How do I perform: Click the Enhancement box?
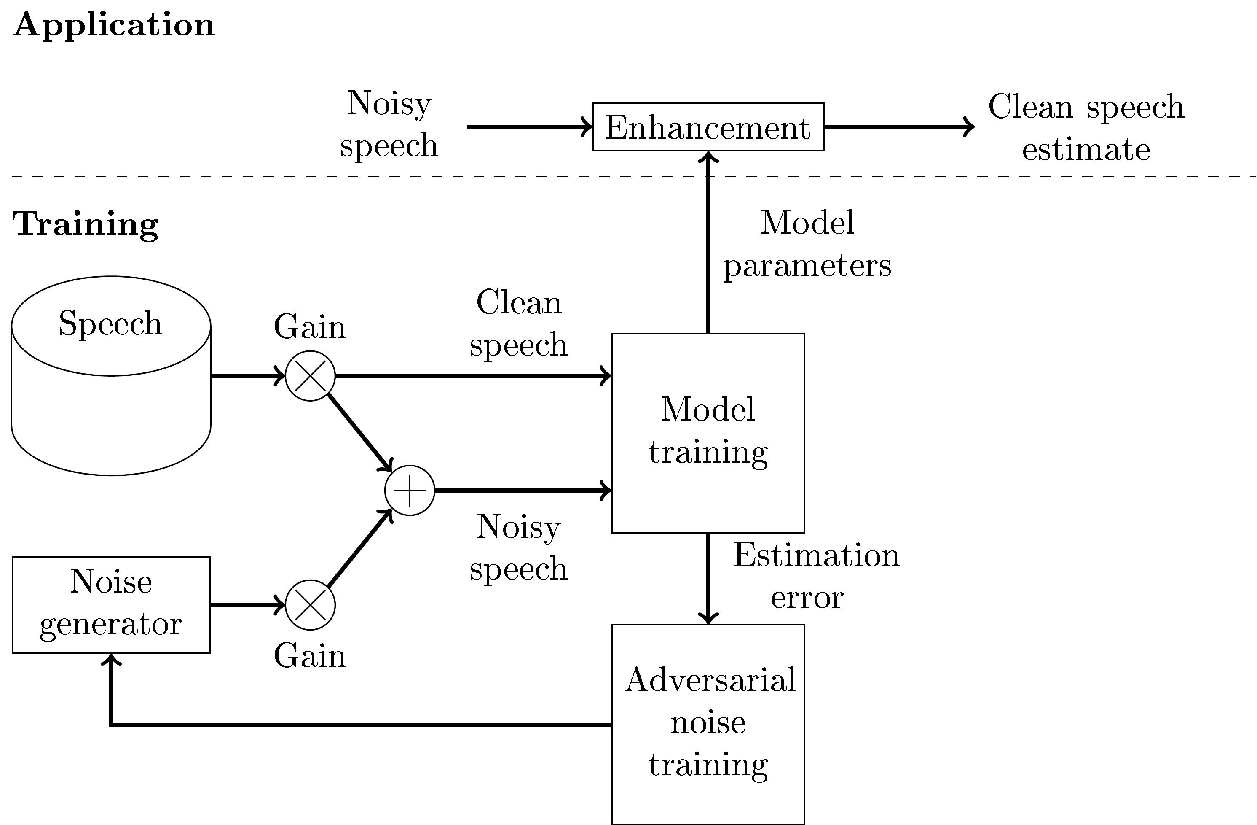click(708, 127)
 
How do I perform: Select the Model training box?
click(708, 432)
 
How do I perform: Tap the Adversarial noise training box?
click(708, 724)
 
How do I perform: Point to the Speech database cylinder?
click(111, 375)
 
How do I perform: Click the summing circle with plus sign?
click(409, 491)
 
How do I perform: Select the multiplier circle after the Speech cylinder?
click(310, 376)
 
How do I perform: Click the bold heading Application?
click(113, 25)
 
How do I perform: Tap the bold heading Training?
click(85, 224)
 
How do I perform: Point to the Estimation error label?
click(815, 576)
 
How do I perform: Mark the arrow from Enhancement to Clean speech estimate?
click(898, 127)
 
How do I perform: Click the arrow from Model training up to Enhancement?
click(708, 243)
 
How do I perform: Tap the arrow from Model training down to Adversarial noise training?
click(708, 579)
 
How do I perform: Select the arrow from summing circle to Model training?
click(523, 491)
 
